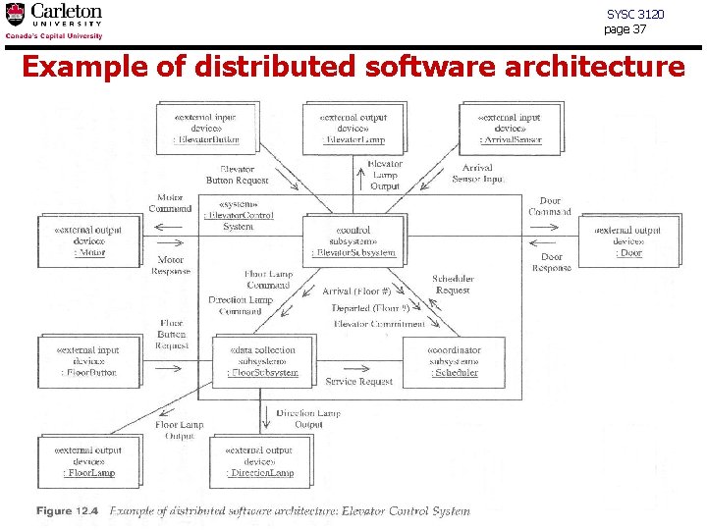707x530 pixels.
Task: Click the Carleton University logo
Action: [54, 21]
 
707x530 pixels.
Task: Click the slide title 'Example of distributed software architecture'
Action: [353, 67]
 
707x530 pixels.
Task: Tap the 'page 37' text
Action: [625, 29]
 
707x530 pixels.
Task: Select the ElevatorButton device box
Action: [204, 128]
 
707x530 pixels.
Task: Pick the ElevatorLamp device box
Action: [353, 128]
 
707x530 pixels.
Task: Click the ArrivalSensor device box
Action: [508, 128]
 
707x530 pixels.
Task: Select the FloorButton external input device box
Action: [87, 360]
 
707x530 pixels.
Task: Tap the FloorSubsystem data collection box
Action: [261, 360]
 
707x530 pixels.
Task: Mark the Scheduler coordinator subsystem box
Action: [453, 360]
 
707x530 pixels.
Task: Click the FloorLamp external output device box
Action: [87, 461]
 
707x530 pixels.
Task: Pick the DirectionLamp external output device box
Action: [259, 461]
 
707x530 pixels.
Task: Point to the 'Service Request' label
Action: [359, 382]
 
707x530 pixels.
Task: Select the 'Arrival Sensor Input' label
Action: [478, 174]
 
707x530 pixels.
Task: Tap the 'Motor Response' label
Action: [171, 265]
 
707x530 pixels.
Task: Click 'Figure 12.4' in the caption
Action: [68, 511]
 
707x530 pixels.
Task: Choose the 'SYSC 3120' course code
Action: [635, 15]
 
